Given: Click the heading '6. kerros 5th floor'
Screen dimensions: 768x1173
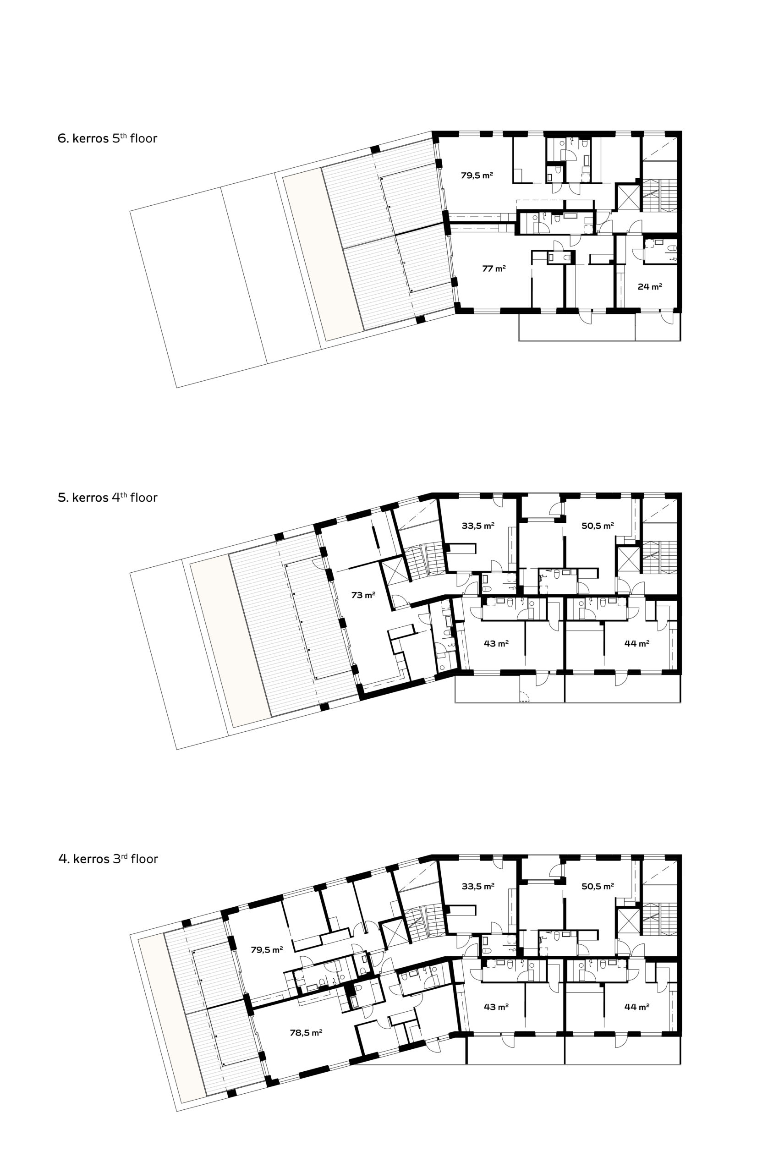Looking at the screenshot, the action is click(x=108, y=138).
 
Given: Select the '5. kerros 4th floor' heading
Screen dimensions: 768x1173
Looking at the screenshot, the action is click(x=108, y=497).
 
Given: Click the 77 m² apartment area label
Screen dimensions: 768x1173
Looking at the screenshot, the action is click(x=494, y=269).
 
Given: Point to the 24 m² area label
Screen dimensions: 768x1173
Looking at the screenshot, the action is click(x=650, y=286).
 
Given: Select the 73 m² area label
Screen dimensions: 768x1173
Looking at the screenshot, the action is click(x=363, y=595).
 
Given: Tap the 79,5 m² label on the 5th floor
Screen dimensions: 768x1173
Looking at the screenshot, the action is click(x=477, y=175).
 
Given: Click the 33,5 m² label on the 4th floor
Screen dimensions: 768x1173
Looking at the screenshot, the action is click(x=477, y=526).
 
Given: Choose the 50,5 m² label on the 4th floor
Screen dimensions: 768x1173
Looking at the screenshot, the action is click(x=598, y=526).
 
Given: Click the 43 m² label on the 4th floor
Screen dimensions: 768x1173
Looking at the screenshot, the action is click(x=496, y=643).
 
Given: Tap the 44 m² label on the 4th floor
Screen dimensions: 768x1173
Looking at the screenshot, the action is click(x=636, y=643).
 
